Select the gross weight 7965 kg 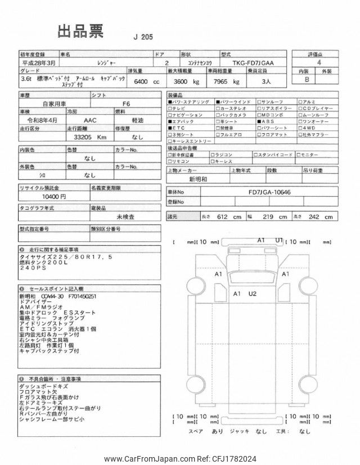pos(223,82)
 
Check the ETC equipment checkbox pos(170,128)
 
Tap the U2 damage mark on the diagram pos(252,294)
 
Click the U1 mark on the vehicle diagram pos(278,240)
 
